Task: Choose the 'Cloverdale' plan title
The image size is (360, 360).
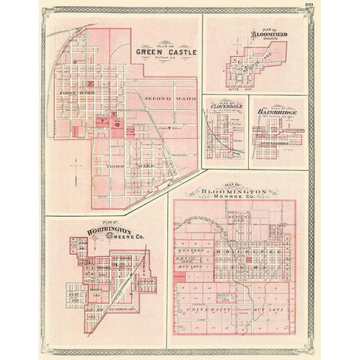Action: (226, 106)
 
